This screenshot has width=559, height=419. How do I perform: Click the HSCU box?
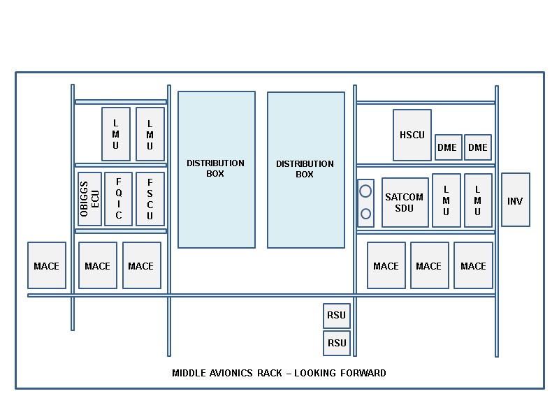[x=412, y=135]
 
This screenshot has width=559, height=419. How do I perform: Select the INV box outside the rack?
[x=515, y=200]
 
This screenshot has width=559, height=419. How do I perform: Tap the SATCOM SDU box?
[x=405, y=203]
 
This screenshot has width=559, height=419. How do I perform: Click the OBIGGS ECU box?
[x=89, y=199]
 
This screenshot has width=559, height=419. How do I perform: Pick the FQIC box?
[x=118, y=199]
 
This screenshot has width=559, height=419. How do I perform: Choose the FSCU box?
[x=150, y=199]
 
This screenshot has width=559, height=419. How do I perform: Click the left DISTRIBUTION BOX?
[x=216, y=169]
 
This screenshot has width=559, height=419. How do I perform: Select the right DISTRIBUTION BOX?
[x=305, y=170]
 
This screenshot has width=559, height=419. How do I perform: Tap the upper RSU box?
[x=337, y=316]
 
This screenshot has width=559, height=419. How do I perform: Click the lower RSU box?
[x=337, y=343]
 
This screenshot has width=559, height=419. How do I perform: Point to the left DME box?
[x=448, y=147]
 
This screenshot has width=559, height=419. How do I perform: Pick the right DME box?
[x=477, y=147]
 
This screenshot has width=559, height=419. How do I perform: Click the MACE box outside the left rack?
[x=47, y=265]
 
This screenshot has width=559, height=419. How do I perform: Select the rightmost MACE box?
[x=473, y=265]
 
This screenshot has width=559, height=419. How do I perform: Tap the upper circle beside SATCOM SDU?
[x=365, y=191]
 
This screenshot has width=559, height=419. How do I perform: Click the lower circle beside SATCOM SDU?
[x=365, y=214]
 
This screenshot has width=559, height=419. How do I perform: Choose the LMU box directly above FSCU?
[x=150, y=133]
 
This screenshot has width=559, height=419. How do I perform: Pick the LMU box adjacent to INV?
[x=478, y=200]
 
